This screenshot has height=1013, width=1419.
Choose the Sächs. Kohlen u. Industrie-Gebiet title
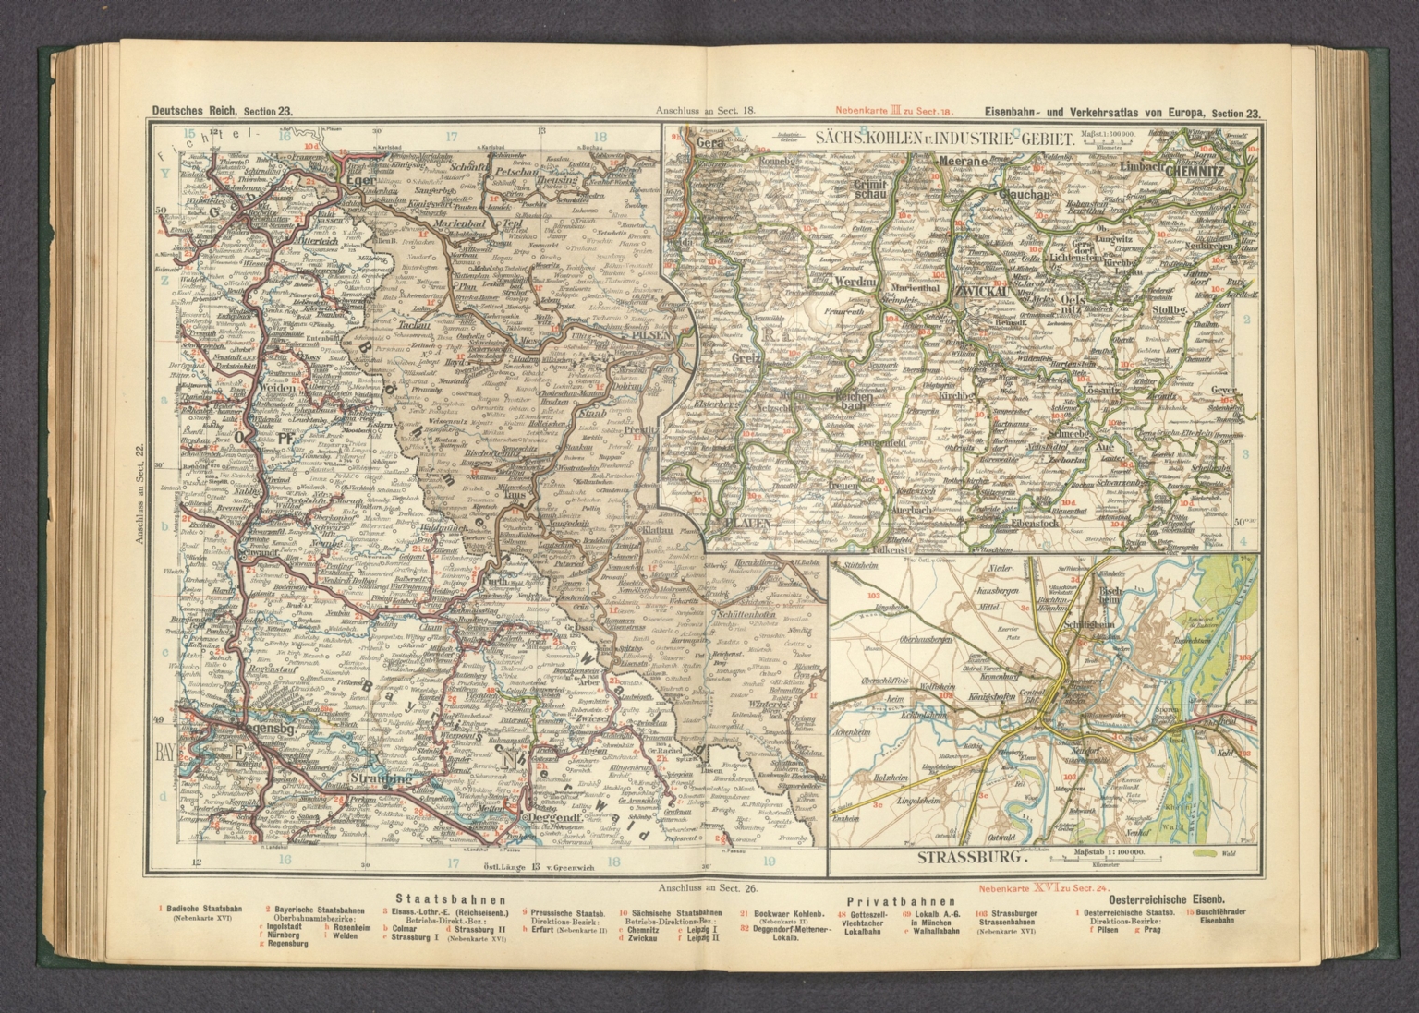[943, 140]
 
